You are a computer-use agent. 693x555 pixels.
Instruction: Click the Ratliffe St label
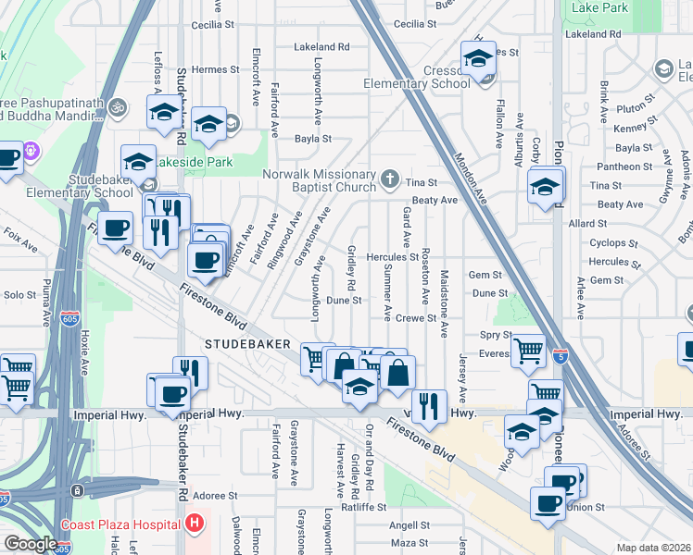point(361,507)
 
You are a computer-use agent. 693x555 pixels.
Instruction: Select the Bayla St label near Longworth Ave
point(313,139)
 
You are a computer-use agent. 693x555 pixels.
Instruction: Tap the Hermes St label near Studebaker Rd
point(215,69)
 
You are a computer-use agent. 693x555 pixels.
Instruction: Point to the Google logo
point(30,544)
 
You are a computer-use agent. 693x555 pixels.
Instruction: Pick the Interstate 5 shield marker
point(560,354)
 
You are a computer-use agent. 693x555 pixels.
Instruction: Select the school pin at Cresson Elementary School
point(478,58)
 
